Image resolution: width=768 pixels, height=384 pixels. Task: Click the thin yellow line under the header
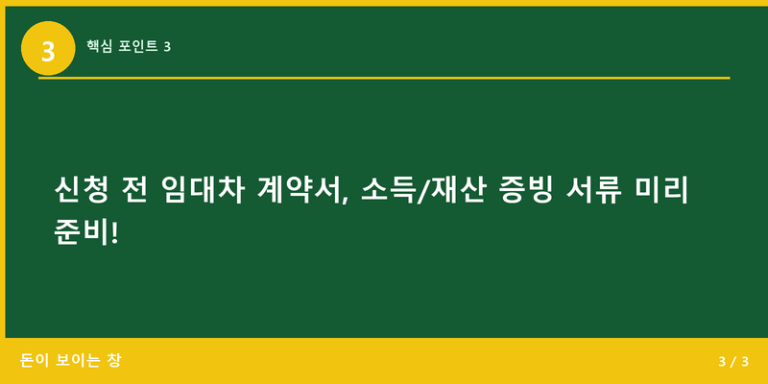click(x=384, y=78)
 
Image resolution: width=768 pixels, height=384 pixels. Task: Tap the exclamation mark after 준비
click(x=116, y=233)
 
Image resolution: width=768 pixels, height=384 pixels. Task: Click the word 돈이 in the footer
click(x=35, y=361)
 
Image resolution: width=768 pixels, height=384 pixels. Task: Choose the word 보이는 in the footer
click(x=79, y=361)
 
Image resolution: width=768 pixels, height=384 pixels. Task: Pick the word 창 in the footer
click(x=115, y=361)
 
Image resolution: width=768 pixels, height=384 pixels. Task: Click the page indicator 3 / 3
click(x=732, y=362)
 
